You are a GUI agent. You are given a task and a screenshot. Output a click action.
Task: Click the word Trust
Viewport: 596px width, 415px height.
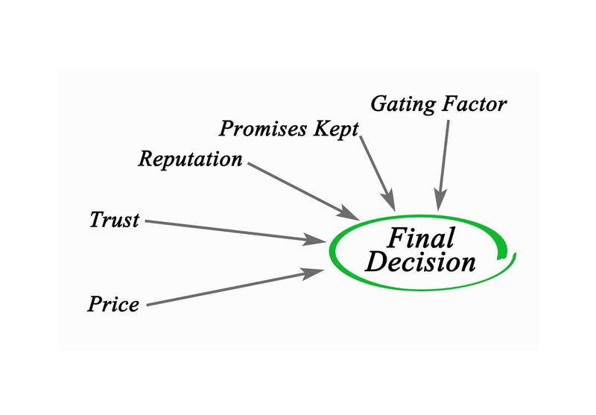coord(114,220)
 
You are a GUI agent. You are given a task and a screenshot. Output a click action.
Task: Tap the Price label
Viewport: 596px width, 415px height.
coord(113,304)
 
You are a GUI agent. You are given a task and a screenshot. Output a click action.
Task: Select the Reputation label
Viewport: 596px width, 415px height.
coord(191,159)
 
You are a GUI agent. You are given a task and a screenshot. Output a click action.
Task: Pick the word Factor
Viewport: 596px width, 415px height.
coord(475,103)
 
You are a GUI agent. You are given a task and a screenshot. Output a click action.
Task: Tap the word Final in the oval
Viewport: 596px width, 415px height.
coord(420,239)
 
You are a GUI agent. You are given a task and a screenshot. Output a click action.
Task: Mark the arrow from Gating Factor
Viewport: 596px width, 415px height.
coord(444,160)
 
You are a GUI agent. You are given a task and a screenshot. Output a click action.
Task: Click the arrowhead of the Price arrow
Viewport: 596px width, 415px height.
coord(315,273)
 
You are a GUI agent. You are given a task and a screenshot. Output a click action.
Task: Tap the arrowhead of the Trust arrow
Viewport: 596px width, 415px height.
coord(319,240)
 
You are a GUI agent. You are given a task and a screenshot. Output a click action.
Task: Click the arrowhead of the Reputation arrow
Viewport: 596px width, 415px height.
coord(351,213)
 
